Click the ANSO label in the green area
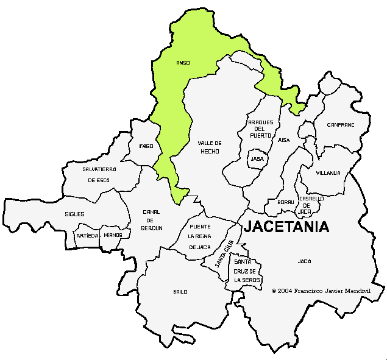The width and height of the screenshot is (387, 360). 182,63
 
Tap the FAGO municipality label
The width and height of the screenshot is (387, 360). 146,146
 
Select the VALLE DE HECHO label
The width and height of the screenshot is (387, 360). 209,147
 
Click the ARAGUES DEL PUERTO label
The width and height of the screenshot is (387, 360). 260,129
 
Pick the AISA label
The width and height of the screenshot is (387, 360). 284,140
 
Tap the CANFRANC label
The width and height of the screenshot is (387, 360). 340,124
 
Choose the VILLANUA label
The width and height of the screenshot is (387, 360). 328,173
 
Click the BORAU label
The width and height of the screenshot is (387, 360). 285,202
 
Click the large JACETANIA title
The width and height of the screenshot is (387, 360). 286,227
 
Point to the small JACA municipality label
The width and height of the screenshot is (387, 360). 304,261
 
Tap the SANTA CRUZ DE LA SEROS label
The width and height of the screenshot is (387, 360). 247,270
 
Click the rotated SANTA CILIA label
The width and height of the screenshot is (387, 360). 224,255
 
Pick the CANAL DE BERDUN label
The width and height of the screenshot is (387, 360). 152,220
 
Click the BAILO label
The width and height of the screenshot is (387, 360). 180,292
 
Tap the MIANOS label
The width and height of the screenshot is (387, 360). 113,235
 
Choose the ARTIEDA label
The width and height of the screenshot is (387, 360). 87,235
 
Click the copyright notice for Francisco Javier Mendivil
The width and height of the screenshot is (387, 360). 321,291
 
